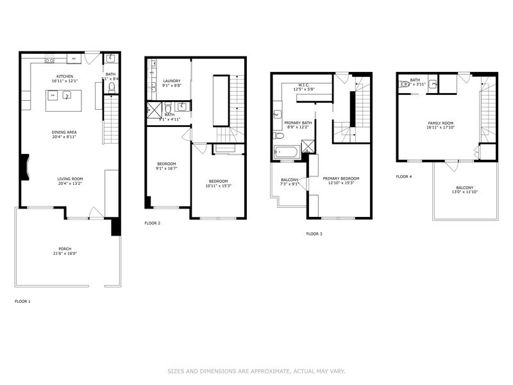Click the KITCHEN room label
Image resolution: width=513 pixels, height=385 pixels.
pos(64,76)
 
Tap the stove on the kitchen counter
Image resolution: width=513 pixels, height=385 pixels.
pos(49,60)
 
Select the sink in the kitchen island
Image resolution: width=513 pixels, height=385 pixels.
pos(66,96)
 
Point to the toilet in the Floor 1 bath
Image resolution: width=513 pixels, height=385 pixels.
pos(111,87)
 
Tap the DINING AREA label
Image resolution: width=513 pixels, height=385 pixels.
pos(64,133)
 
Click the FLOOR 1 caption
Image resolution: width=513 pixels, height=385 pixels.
pos(22,301)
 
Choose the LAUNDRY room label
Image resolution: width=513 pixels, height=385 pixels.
pos(171,81)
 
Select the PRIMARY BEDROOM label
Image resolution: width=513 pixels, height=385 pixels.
pos(341,178)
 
